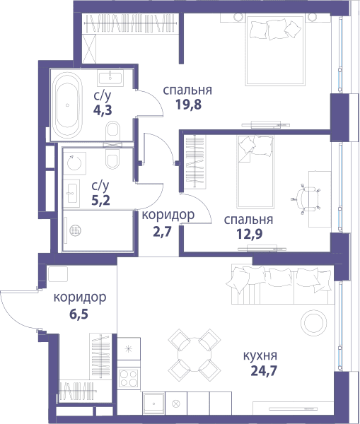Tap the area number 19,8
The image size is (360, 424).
coord(188,105)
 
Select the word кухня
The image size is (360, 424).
coord(260,355)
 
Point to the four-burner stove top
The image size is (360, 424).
coord(129,378)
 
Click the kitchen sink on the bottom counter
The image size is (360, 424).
coord(153,404)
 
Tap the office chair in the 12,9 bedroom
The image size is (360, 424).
coord(306,198)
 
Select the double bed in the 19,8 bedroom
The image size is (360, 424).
coord(274,50)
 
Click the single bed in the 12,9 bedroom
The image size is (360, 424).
coord(255,172)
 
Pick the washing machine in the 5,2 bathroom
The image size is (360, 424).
coord(74,163)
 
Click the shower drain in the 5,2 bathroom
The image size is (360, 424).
coord(75,230)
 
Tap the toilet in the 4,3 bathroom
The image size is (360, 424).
coord(113,130)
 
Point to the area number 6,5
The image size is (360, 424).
coord(79,314)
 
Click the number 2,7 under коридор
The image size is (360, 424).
coord(163,232)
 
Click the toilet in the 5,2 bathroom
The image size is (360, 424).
coord(112,160)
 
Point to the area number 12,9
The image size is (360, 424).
coord(249,234)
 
